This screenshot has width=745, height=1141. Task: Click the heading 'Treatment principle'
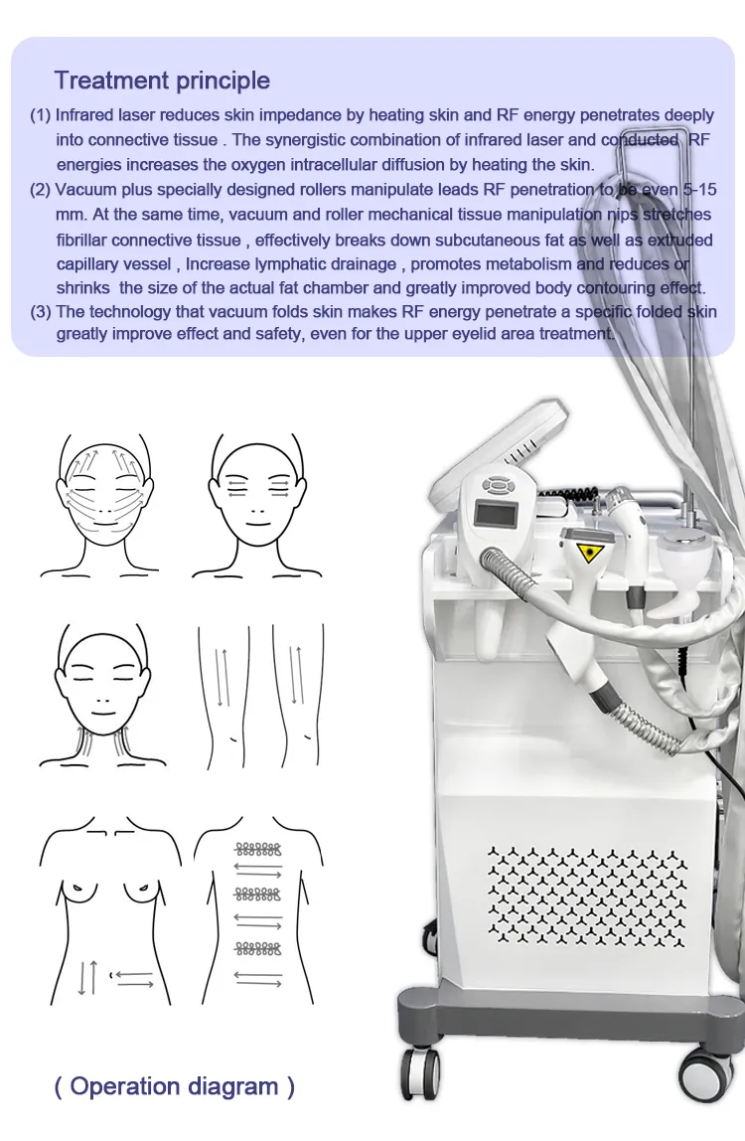162,81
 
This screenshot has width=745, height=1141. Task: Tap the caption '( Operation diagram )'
175,1086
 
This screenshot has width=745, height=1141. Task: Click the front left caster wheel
420,1074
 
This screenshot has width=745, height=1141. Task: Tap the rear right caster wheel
705,1076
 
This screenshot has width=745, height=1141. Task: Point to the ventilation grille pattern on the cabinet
586,897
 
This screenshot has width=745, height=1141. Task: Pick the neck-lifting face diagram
103,696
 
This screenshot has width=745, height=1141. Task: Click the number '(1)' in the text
40,115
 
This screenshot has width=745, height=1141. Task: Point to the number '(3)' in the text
40,312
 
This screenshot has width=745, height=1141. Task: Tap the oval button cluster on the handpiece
498,483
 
